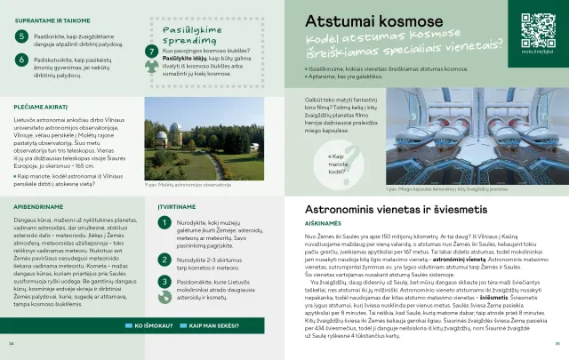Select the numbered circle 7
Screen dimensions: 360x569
pyautogui.click(x=151, y=52)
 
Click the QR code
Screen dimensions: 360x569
pyautogui.click(x=537, y=28)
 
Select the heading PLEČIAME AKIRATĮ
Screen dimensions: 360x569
pyautogui.click(x=41, y=106)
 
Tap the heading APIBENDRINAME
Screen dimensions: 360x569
pyautogui.click(x=38, y=206)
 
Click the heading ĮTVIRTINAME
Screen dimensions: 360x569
pyautogui.click(x=176, y=206)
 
